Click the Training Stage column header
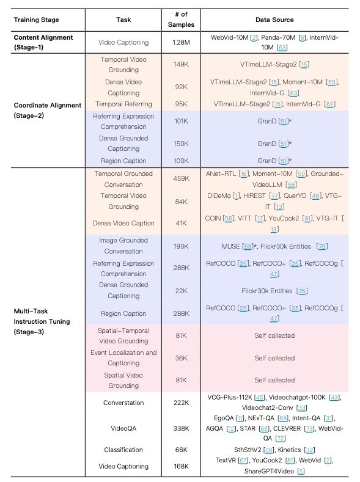[36, 20]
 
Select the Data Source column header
[274, 20]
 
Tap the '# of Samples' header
[181, 20]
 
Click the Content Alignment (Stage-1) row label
[43, 42]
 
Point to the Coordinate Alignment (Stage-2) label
[47, 111]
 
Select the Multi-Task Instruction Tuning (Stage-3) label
[42, 321]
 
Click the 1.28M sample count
[181, 42]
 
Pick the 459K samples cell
[181, 178]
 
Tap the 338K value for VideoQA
[181, 428]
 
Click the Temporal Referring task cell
[123, 104]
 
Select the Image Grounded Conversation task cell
[123, 246]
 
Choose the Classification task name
[123, 450]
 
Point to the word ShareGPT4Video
[269, 471]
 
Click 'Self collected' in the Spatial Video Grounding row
[274, 380]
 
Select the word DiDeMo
[219, 195]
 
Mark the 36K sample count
[181, 358]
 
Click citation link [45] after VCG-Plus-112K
[260, 398]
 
